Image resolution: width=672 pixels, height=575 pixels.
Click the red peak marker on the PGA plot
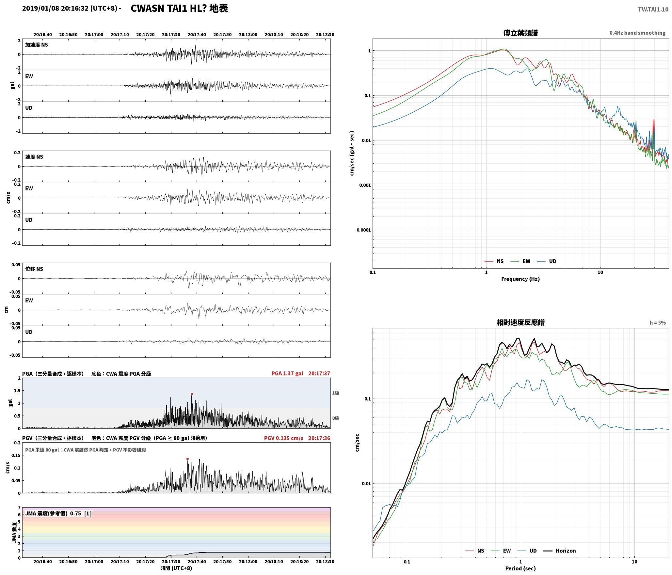pos(192,394)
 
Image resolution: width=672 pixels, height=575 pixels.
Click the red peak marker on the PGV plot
pos(187,459)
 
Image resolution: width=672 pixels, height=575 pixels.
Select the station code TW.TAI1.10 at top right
pos(653,9)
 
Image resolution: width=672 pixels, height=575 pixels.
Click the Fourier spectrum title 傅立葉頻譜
pos(520,33)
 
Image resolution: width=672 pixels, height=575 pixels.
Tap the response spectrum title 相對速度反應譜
pos(520,322)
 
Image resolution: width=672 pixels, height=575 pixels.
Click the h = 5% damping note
pos(657,323)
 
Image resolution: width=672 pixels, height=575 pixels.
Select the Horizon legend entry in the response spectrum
pos(560,550)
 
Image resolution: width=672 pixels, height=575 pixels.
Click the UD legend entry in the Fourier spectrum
pos(547,261)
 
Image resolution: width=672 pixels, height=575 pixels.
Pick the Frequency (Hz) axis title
pos(520,279)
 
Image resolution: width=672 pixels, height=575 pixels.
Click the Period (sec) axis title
pos(520,568)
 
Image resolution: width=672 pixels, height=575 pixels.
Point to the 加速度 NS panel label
pos(37,45)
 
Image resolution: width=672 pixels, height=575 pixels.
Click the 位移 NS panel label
pos(34,269)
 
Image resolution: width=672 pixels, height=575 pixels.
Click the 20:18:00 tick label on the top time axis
pos(248,35)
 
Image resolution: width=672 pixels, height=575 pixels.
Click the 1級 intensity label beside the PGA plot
pos(336,393)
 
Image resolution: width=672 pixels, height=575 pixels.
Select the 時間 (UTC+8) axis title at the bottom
pos(176,568)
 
